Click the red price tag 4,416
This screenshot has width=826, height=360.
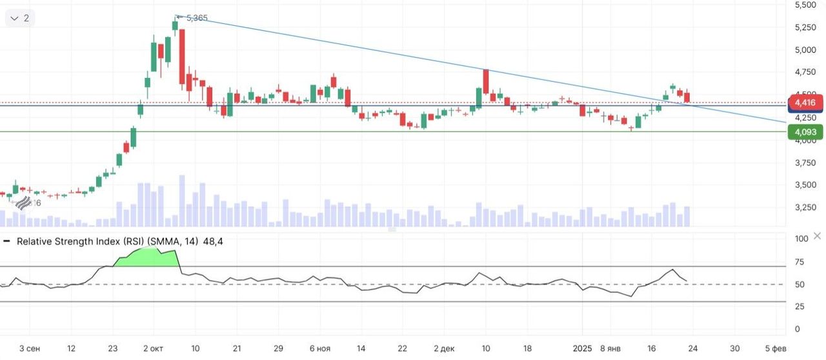[805, 103]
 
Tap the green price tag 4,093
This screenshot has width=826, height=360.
[805, 132]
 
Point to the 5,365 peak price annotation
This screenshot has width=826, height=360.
[197, 18]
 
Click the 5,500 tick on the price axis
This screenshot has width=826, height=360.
[805, 5]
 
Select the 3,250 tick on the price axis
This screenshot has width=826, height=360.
[805, 207]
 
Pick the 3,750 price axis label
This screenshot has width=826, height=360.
[805, 163]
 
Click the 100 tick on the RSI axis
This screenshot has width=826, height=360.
[801, 239]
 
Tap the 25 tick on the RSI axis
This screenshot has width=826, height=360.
[799, 306]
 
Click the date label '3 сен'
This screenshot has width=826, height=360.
[30, 348]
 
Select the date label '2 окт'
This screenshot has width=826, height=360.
[154, 348]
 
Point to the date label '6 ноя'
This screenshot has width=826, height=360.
[320, 348]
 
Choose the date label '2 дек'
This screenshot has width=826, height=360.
[444, 348]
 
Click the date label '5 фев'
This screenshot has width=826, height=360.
[775, 348]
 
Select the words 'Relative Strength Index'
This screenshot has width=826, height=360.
[73, 241]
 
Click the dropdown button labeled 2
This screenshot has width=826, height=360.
[19, 18]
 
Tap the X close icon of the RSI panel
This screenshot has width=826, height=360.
[818, 235]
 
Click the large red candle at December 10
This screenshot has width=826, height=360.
[485, 79]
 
